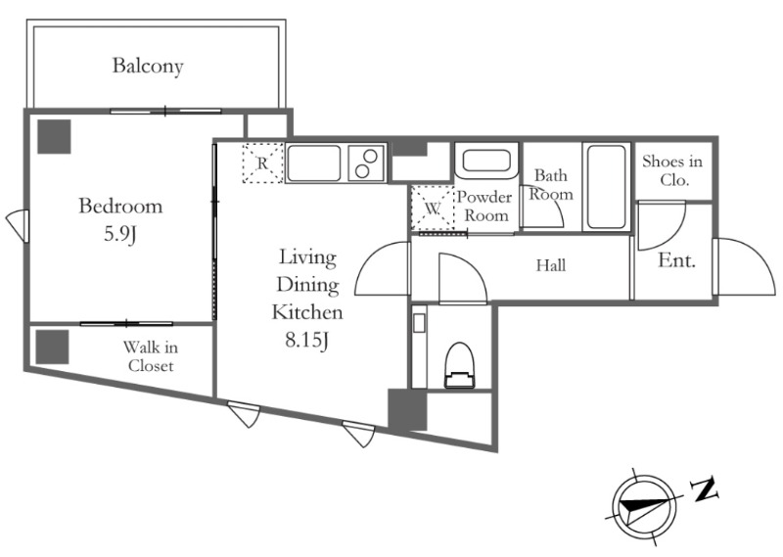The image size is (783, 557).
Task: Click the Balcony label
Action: pos(148,66)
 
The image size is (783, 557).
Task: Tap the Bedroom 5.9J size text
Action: pos(119,234)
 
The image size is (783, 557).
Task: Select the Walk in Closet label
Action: pos(151,356)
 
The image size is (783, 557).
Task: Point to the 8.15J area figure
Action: pos(306,341)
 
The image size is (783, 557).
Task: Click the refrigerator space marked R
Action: pos(262,162)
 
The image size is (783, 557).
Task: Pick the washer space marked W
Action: pos(433,209)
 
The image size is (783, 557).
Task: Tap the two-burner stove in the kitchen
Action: pos(366,163)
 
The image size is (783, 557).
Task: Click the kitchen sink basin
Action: pos(313,163)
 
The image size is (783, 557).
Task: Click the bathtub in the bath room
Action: pos(606,187)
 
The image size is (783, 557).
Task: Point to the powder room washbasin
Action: pos(485,161)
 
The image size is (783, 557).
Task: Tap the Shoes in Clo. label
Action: pos(672,170)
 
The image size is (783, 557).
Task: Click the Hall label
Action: pos(551,265)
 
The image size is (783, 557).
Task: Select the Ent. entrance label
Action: pos(676,260)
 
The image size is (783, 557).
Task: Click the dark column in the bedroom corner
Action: pos(55,136)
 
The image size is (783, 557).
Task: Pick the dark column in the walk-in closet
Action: pos(52,347)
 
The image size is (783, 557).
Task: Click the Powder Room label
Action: pos(484,206)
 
